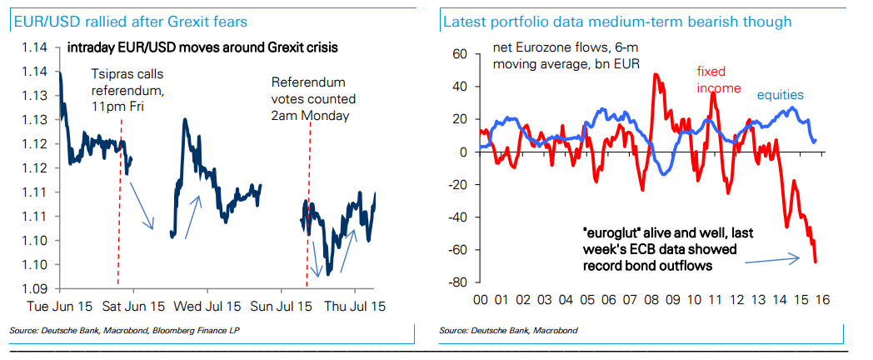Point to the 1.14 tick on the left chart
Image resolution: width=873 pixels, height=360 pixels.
tap(33, 47)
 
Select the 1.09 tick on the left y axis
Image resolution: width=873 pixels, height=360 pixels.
tap(33, 289)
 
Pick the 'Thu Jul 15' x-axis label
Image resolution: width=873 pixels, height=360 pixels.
tap(354, 307)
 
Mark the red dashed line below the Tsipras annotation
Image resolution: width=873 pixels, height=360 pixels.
tap(122, 167)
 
